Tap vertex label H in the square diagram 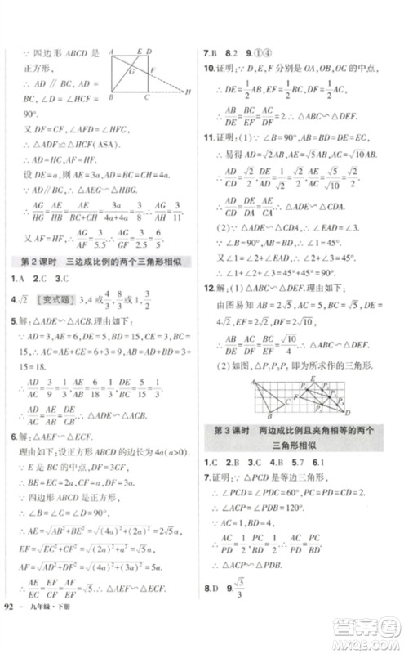(189, 93)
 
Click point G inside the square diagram (131, 73)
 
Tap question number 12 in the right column (209, 288)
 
